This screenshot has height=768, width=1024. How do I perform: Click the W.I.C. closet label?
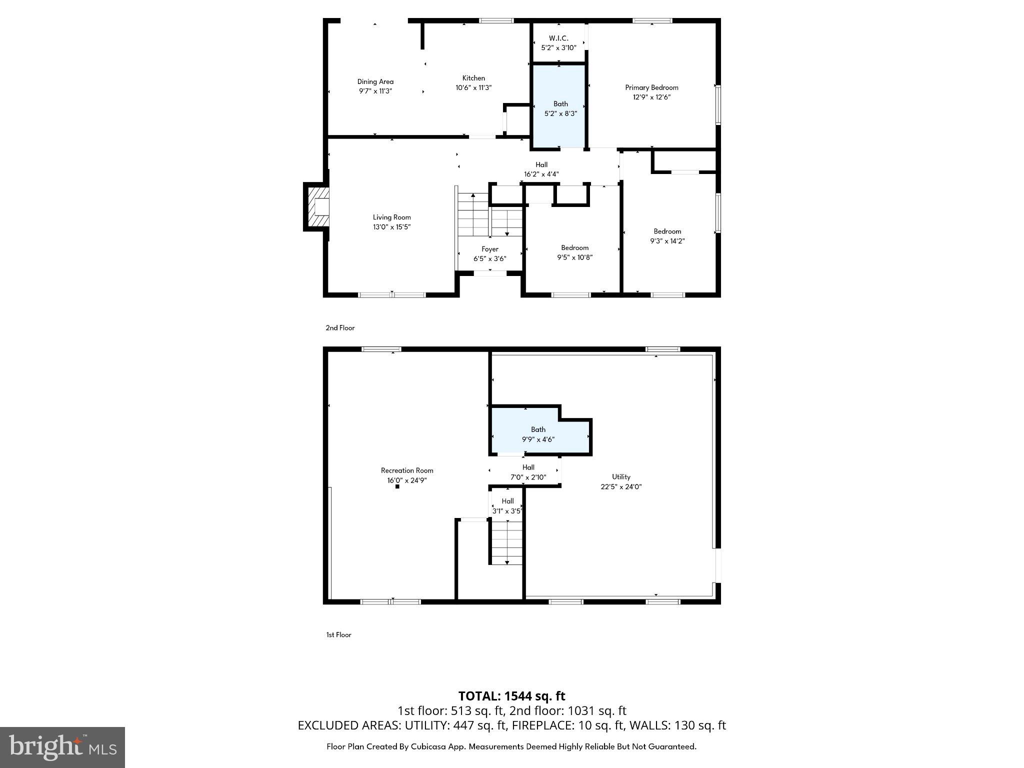pyautogui.click(x=558, y=38)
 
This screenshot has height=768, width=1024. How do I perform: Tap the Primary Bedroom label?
pyautogui.click(x=651, y=87)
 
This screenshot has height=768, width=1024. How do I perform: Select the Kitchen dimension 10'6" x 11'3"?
pyautogui.click(x=473, y=87)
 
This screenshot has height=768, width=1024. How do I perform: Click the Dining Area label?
pyautogui.click(x=375, y=81)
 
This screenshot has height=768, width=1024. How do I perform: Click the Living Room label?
pyautogui.click(x=391, y=217)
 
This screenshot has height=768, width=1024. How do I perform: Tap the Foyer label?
pyautogui.click(x=489, y=249)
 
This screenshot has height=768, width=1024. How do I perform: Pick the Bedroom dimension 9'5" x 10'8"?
pyautogui.click(x=574, y=257)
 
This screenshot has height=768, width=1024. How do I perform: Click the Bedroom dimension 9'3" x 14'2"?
pyautogui.click(x=667, y=241)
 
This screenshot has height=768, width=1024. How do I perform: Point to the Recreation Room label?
pyautogui.click(x=406, y=470)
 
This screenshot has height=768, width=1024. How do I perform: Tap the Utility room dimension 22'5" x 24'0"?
pyautogui.click(x=621, y=486)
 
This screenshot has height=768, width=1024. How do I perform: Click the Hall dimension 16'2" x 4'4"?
pyautogui.click(x=541, y=174)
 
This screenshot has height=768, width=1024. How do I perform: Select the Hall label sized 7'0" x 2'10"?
pyautogui.click(x=528, y=467)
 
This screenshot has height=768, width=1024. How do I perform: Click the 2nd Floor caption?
pyautogui.click(x=340, y=328)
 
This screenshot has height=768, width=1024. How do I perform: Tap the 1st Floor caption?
pyautogui.click(x=338, y=635)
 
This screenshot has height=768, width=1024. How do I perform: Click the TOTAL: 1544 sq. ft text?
pyautogui.click(x=511, y=696)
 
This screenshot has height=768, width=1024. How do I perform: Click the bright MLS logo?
pyautogui.click(x=62, y=747)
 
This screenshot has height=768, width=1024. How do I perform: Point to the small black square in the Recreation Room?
pyautogui.click(x=397, y=486)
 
